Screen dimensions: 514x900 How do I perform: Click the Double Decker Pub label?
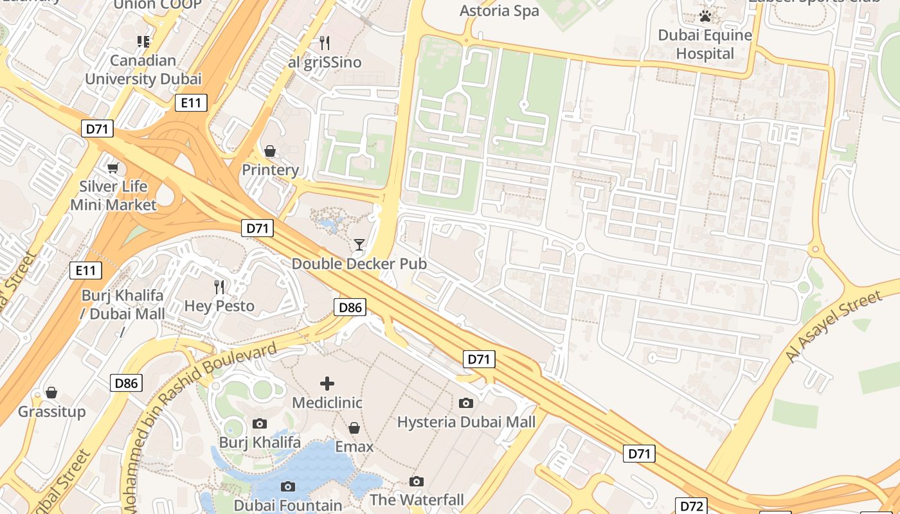click(359, 264)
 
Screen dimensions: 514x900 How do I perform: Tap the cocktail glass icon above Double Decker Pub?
click(359, 245)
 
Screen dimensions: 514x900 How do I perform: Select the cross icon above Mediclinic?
click(327, 384)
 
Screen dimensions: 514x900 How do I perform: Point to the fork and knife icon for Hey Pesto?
click(220, 287)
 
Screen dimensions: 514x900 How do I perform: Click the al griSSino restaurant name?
click(325, 62)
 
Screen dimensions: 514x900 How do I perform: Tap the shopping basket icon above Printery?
click(270, 151)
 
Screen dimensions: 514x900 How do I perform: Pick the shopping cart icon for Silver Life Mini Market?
click(113, 168)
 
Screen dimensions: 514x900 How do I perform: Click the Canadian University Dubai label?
click(143, 70)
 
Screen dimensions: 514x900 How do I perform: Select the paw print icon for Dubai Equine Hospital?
click(705, 16)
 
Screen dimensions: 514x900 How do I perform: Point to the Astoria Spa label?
click(500, 11)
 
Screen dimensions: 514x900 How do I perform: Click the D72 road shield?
click(692, 506)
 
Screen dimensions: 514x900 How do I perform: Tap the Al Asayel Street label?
click(834, 326)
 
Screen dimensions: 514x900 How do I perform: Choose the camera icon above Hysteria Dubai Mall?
click(466, 403)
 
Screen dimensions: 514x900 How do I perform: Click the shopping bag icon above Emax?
click(354, 428)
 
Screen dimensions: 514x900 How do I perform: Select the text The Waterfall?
click(417, 500)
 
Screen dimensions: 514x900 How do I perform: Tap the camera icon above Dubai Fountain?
click(288, 486)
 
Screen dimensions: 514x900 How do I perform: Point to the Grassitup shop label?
click(51, 411)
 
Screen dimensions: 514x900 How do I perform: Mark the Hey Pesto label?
click(219, 306)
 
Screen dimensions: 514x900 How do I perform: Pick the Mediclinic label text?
click(327, 403)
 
